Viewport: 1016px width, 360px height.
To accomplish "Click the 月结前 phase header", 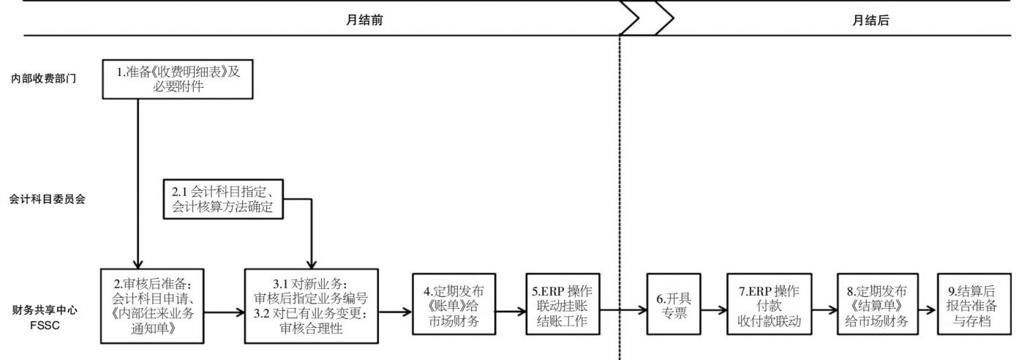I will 364,21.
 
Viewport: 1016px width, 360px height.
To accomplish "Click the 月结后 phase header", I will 870,21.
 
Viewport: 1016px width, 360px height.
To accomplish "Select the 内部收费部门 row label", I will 50,78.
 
